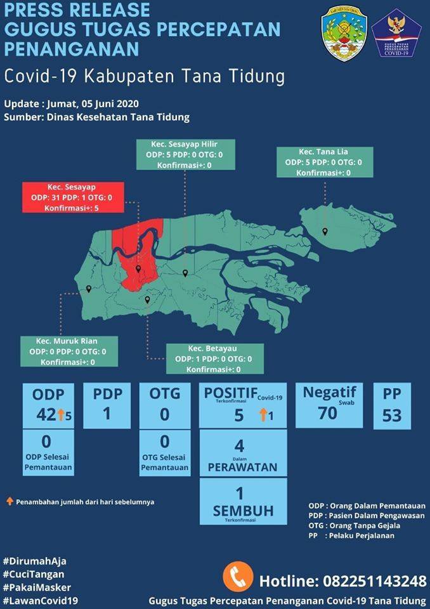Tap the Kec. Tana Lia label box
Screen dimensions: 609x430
pos(323,162)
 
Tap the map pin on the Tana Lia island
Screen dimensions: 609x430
pos(325,232)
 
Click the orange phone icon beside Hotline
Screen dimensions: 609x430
pos(238,578)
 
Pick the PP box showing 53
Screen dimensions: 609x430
pos(392,406)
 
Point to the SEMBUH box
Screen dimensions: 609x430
pos(243,501)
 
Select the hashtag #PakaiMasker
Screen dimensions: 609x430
pos(37,587)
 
